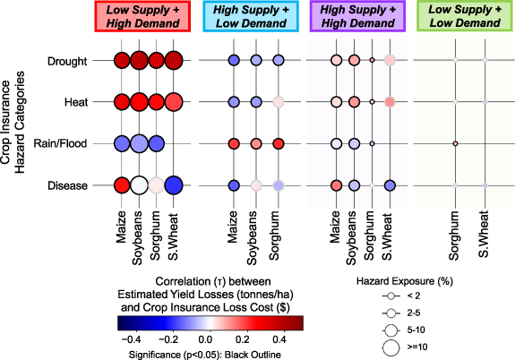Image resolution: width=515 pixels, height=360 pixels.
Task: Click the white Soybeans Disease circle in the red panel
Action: (x=139, y=185)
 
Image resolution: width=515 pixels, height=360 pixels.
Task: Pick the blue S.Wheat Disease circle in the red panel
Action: (x=174, y=185)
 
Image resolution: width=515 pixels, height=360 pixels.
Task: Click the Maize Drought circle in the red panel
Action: (x=122, y=61)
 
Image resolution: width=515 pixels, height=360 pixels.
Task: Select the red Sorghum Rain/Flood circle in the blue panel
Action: (x=278, y=143)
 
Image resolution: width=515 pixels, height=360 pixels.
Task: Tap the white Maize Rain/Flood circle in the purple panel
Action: (x=336, y=143)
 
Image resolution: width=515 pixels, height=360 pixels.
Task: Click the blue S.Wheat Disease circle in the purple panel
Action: (x=389, y=185)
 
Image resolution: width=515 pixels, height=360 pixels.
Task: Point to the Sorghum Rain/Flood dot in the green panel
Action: (x=455, y=143)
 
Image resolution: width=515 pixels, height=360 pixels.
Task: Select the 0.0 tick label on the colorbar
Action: (x=205, y=340)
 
